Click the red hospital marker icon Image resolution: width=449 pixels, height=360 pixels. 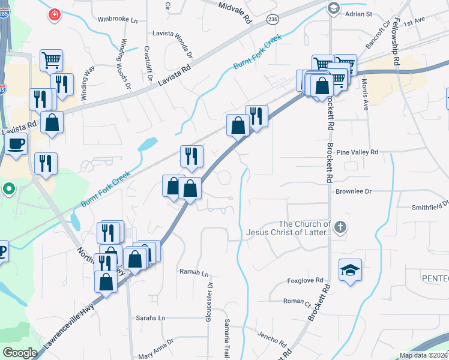tap(55, 13)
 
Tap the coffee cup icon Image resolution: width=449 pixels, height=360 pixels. tap(16, 143)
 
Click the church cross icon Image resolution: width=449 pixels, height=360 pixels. tap(340, 227)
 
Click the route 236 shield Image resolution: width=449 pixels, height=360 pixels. tap(273, 20)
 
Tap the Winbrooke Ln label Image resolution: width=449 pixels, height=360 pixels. tap(118, 19)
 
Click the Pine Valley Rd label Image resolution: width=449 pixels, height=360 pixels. tap(358, 153)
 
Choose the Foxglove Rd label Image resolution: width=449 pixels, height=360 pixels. tap(306, 280)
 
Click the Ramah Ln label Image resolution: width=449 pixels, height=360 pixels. tap(194, 272)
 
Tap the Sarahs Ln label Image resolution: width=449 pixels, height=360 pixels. tap(150, 317)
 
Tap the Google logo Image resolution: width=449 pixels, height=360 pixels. tap(19, 353)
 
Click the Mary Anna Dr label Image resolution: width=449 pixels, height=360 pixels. tap(152, 348)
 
